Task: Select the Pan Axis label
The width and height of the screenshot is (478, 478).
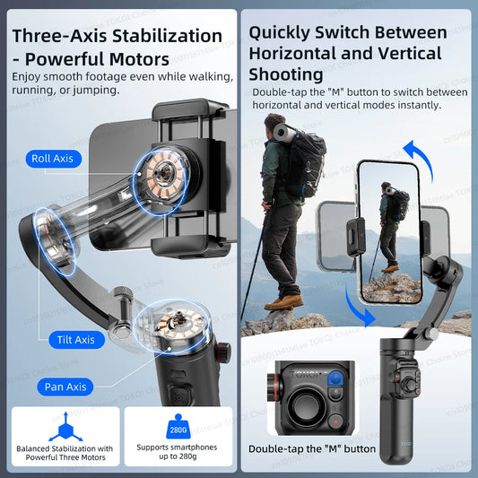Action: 65,387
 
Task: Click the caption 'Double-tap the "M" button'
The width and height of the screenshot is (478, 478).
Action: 312,448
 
